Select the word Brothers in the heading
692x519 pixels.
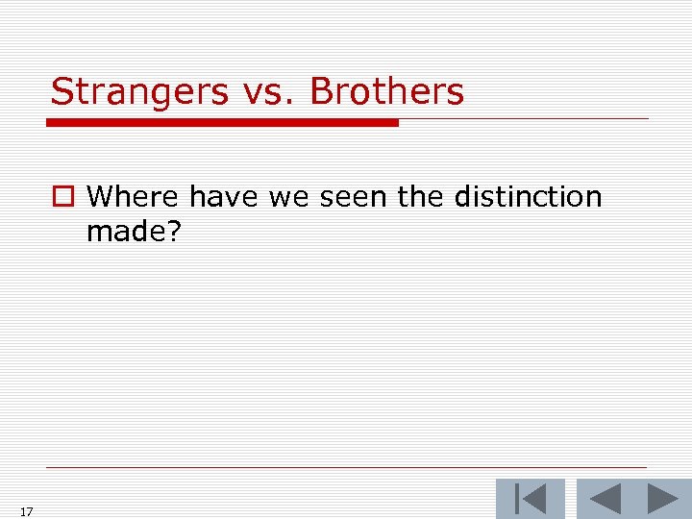click(387, 92)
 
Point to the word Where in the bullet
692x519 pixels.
click(133, 197)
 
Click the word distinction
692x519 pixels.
click(528, 197)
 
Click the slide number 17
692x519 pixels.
click(26, 512)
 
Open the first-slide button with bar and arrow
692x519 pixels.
click(530, 500)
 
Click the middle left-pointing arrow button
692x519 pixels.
click(605, 500)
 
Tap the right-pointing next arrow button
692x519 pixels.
click(662, 500)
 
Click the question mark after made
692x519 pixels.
click(173, 232)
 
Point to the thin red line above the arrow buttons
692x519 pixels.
click(346, 468)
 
